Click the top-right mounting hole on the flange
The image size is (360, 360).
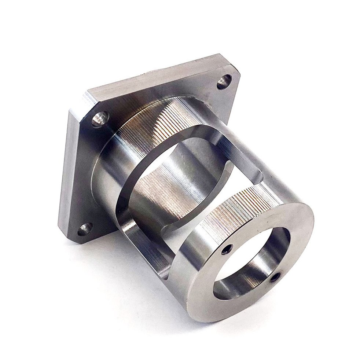pyautogui.click(x=224, y=82)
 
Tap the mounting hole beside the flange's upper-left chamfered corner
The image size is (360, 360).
pyautogui.click(x=99, y=119)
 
